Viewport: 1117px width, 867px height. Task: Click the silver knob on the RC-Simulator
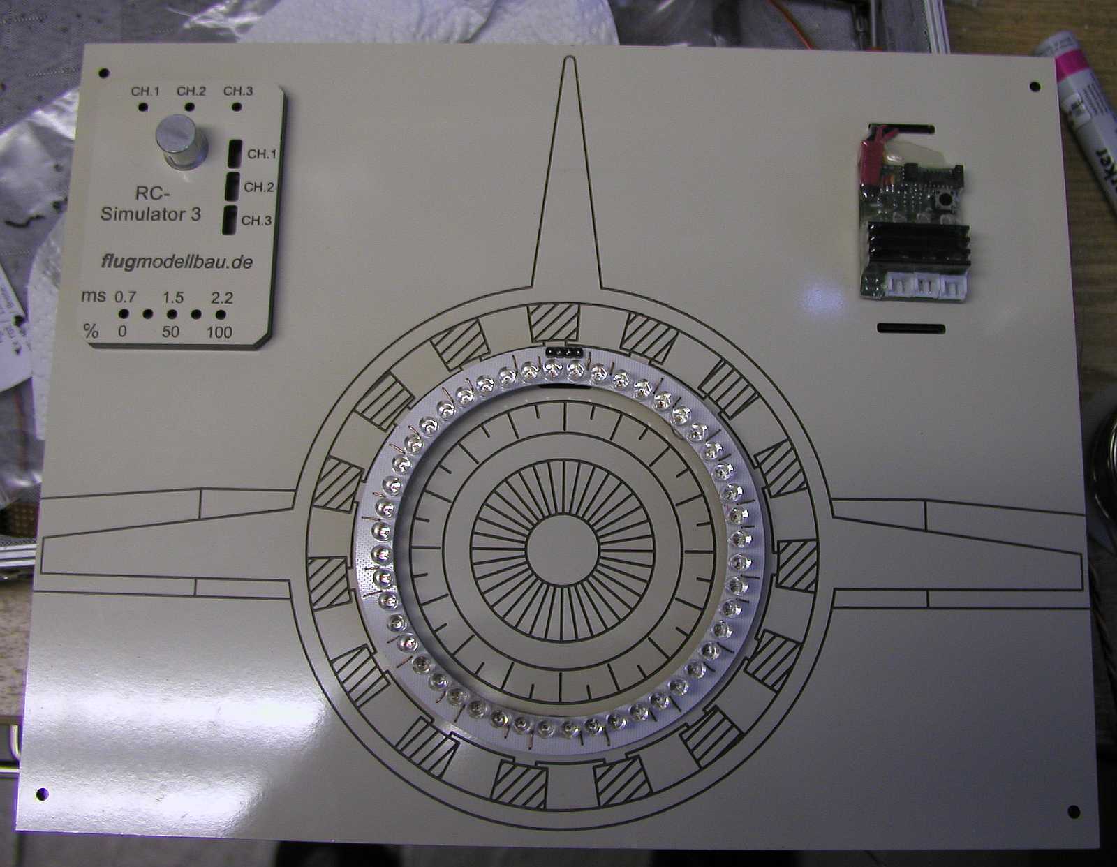181,142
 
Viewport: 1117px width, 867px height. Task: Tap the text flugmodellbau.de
176,262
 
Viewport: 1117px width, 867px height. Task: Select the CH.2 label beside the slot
258,187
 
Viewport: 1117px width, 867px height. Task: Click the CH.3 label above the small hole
238,91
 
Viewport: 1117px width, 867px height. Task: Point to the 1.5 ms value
173,298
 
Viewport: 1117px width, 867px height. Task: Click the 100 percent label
219,332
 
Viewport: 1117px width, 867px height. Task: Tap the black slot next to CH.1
235,151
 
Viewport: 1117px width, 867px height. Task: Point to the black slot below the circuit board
910,328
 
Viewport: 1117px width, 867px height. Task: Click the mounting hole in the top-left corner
104,73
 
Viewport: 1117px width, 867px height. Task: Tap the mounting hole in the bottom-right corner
1074,812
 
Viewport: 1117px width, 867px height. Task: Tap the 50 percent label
170,332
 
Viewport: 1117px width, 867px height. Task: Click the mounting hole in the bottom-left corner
42,794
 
